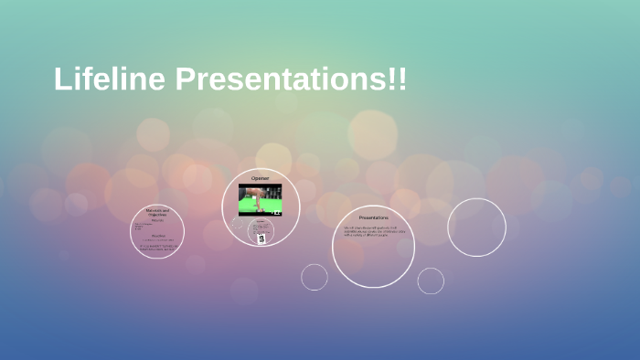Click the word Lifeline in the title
tap(110, 79)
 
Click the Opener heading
tap(261, 177)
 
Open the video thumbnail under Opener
tap(261, 199)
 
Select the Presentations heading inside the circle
tap(373, 218)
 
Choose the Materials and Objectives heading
tap(157, 212)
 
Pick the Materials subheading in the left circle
tap(157, 219)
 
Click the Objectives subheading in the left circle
tap(157, 235)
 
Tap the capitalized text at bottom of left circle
tap(157, 246)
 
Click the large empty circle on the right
tap(476, 228)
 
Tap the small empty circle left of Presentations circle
tap(315, 277)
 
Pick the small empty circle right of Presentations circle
tap(431, 281)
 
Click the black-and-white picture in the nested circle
tap(261, 238)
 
